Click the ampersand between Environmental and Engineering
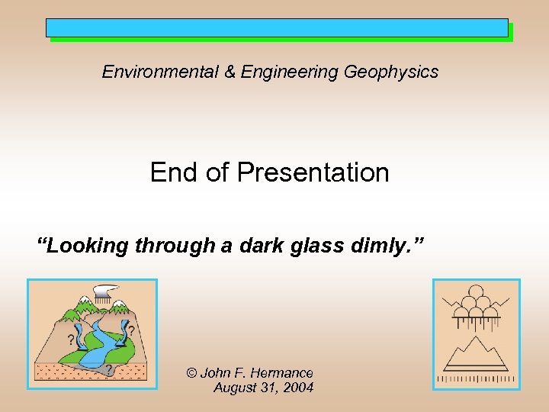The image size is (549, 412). [x=230, y=72]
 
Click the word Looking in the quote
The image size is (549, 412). [x=84, y=246]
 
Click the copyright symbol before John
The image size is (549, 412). [x=192, y=373]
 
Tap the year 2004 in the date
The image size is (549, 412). [x=298, y=388]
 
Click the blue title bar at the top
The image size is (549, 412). [x=277, y=28]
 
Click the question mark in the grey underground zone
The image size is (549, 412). [x=109, y=370]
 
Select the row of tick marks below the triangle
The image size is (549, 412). [x=476, y=378]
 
